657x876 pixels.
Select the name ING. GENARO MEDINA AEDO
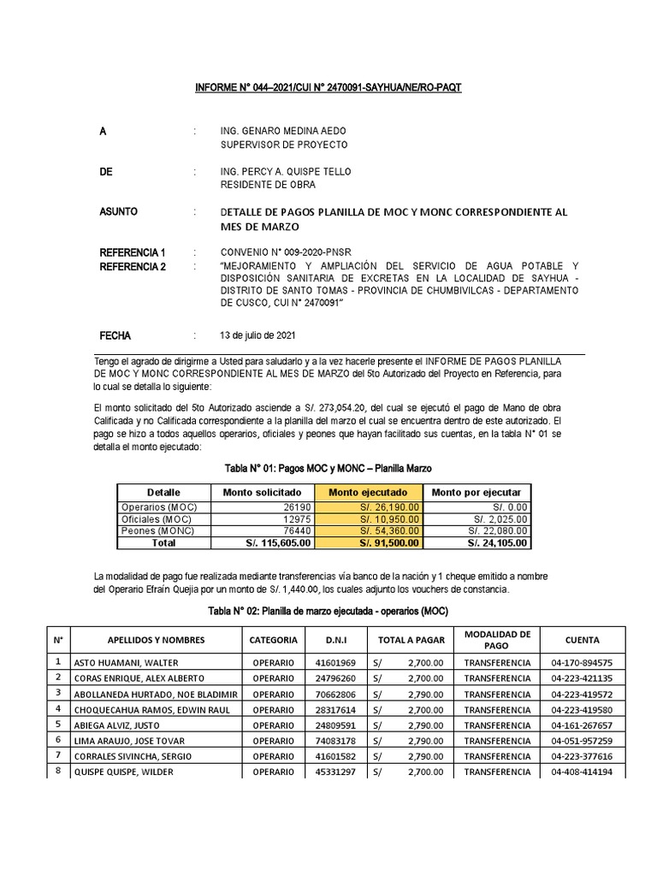284,131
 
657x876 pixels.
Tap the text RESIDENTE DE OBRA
268,185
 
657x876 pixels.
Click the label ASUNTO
119,211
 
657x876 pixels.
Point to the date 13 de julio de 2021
260,335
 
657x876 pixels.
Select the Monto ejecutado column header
368,493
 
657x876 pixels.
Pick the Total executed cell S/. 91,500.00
368,542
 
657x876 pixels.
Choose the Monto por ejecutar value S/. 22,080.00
478,530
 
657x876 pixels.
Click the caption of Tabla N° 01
328,469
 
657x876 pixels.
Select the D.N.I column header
336,640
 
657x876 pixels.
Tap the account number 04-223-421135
582,678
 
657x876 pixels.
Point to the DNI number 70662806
336,693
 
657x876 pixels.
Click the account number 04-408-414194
582,772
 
